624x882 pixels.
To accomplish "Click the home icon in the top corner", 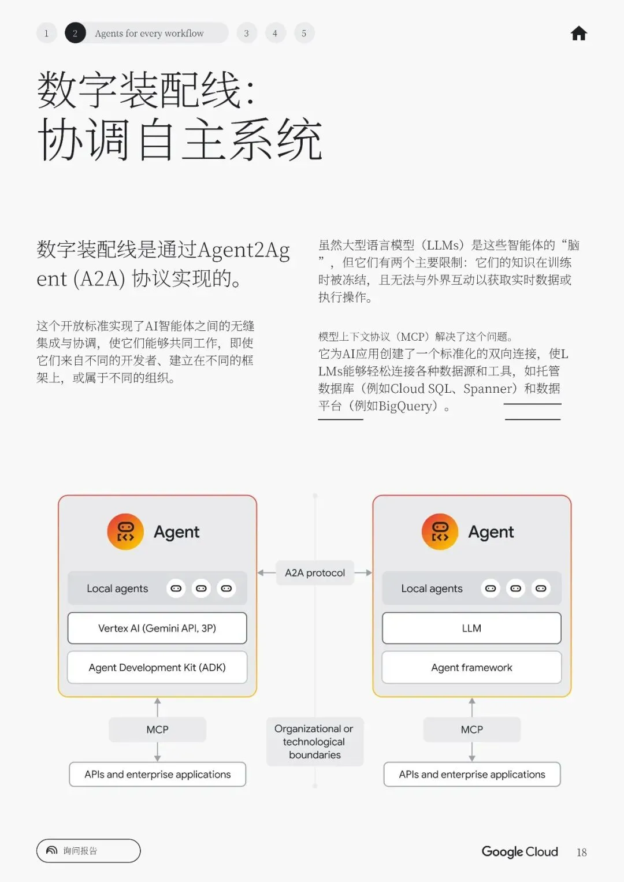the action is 578,34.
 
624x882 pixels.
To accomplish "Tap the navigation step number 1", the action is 46,34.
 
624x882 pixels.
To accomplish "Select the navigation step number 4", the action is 275,34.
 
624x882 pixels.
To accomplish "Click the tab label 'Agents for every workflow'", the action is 149,34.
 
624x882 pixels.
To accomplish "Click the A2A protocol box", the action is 315,573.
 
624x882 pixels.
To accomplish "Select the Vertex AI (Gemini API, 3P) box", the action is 157,628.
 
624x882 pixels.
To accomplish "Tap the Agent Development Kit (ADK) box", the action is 157,667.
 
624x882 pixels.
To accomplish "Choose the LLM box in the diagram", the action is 471,628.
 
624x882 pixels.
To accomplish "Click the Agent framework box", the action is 471,667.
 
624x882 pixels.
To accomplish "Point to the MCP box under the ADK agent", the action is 157,730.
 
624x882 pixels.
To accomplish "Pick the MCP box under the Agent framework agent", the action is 471,730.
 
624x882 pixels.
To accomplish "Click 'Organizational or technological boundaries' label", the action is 315,742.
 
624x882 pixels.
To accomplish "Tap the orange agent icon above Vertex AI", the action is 125,531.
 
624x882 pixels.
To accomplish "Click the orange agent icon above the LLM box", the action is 440,531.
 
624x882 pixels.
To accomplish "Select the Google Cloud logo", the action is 519,851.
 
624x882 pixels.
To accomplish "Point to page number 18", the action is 581,853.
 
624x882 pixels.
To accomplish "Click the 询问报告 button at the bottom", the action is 88,851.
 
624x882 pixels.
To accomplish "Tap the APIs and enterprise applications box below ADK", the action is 157,775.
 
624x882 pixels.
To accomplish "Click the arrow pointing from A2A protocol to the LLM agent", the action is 363,573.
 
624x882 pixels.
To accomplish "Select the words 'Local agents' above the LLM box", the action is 432,589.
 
